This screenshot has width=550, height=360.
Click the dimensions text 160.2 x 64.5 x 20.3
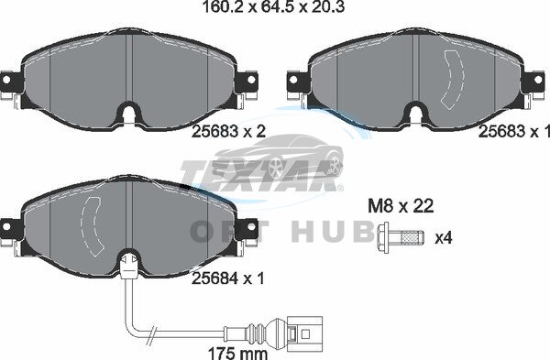[x=273, y=6]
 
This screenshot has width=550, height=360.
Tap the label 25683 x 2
[x=228, y=132]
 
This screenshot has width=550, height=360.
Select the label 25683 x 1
[x=514, y=132]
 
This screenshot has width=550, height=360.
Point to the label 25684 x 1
[x=228, y=278]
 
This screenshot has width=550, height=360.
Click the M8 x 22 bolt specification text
[x=401, y=206]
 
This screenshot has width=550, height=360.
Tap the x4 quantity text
[x=444, y=238]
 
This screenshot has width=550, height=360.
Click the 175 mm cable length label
[x=237, y=353]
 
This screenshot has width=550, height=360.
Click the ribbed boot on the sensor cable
[x=260, y=331]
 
